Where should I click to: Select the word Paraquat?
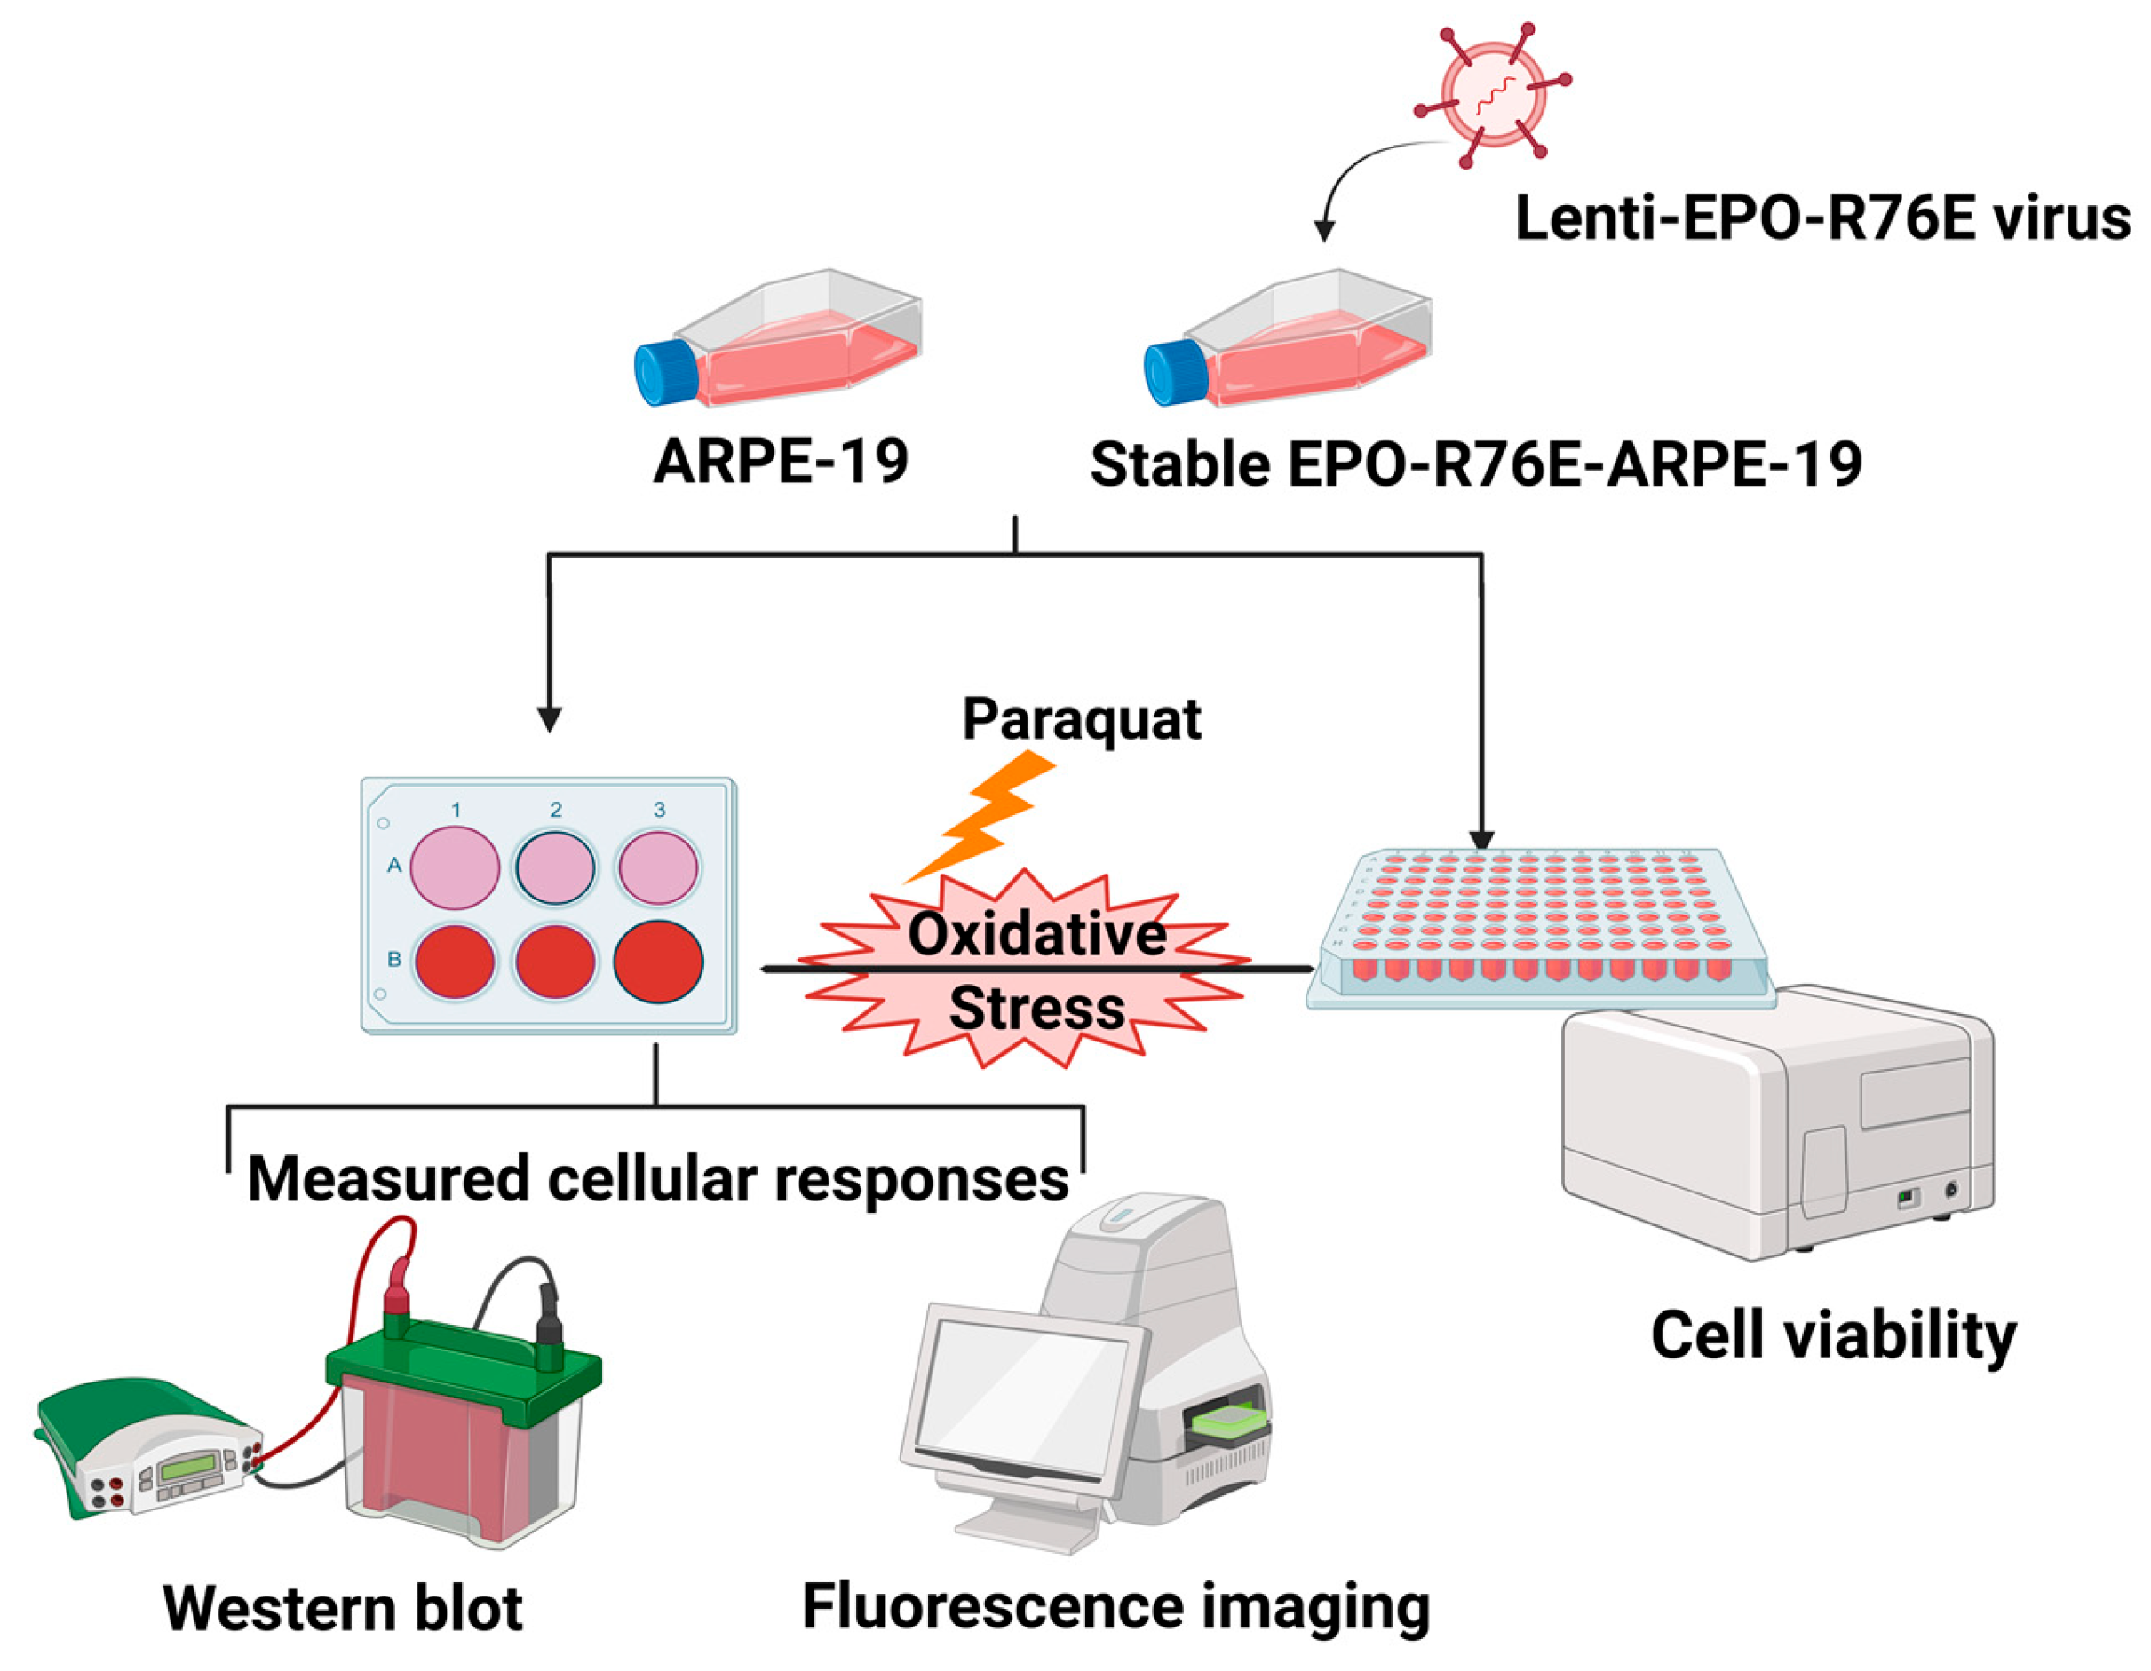tap(1082, 720)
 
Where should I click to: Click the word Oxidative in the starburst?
tap(1036, 933)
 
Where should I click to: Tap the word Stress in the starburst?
tap(1036, 1010)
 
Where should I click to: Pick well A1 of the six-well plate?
tap(454, 867)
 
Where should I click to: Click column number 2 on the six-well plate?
tap(555, 810)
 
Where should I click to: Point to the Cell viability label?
tap(1833, 1337)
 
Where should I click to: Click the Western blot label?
tap(342, 1608)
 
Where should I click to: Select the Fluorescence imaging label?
tap(1115, 1606)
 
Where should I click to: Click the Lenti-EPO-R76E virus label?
tap(1822, 218)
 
